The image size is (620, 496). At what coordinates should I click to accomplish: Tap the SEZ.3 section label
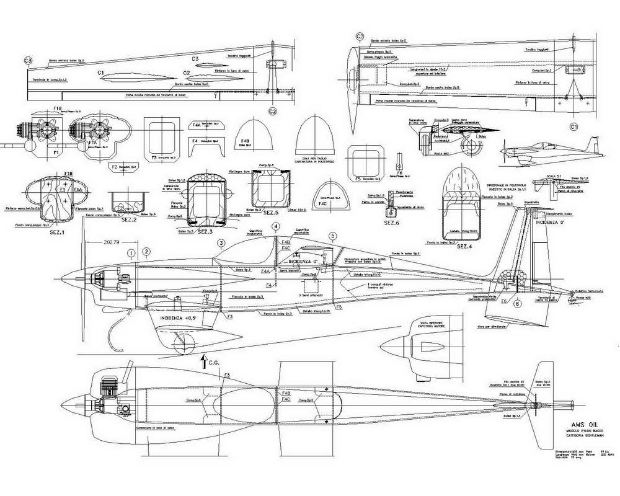(x=207, y=231)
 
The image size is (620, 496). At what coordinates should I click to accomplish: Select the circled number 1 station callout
(x=131, y=252)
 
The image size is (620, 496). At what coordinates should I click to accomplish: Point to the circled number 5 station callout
(x=333, y=236)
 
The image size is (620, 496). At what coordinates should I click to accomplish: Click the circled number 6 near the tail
(x=518, y=304)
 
